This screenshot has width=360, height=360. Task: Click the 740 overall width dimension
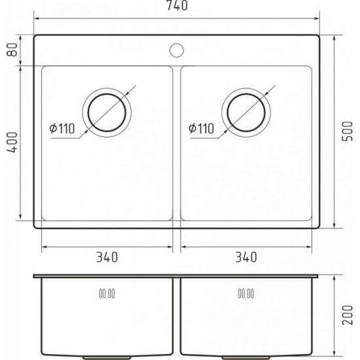[x=177, y=7]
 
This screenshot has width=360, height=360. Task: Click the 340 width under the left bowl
[x=107, y=257]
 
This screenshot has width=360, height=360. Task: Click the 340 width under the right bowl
[x=245, y=257]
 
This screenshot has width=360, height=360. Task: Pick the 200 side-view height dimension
[x=348, y=317]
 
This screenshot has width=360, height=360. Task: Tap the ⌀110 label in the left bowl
[x=62, y=128]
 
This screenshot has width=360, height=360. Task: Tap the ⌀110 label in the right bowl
[x=201, y=128]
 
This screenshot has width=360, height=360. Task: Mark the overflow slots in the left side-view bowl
[x=107, y=293]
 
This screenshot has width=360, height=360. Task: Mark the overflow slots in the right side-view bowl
[x=245, y=293]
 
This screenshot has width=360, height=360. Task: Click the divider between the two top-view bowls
[x=176, y=144]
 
